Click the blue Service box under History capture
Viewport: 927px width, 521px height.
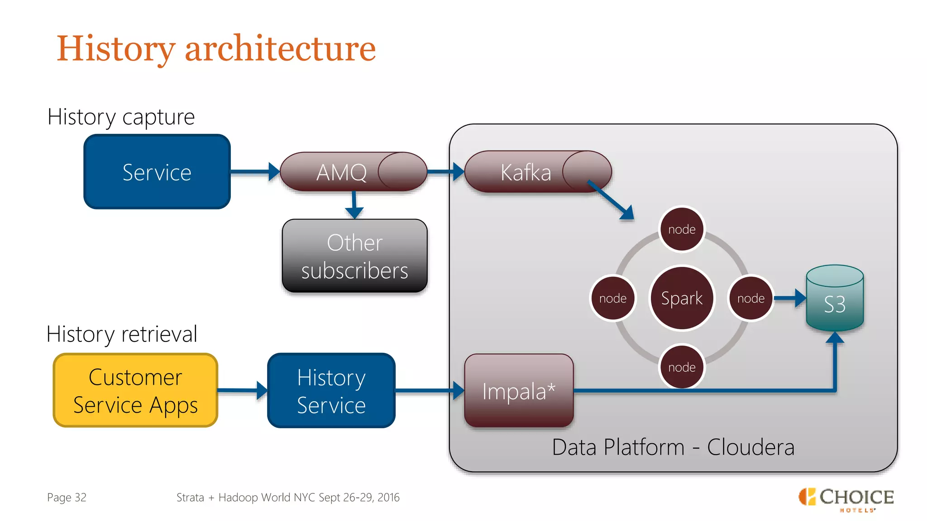[x=157, y=172]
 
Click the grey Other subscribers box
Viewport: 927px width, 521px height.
[x=354, y=256]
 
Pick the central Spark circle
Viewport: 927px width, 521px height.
[x=682, y=298]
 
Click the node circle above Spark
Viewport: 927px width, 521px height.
[x=682, y=229]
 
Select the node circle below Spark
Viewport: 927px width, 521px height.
[x=682, y=367]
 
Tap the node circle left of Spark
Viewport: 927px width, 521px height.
[x=613, y=298]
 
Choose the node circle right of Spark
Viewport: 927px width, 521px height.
[x=750, y=298]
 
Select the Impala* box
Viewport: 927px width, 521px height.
[x=519, y=391]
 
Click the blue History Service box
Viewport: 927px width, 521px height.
[x=331, y=391]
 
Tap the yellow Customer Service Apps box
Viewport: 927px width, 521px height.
[x=135, y=391]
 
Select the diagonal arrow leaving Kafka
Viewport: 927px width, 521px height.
[x=611, y=199]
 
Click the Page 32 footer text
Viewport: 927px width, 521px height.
[x=67, y=497]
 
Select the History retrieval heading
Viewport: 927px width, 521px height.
[x=122, y=334]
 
